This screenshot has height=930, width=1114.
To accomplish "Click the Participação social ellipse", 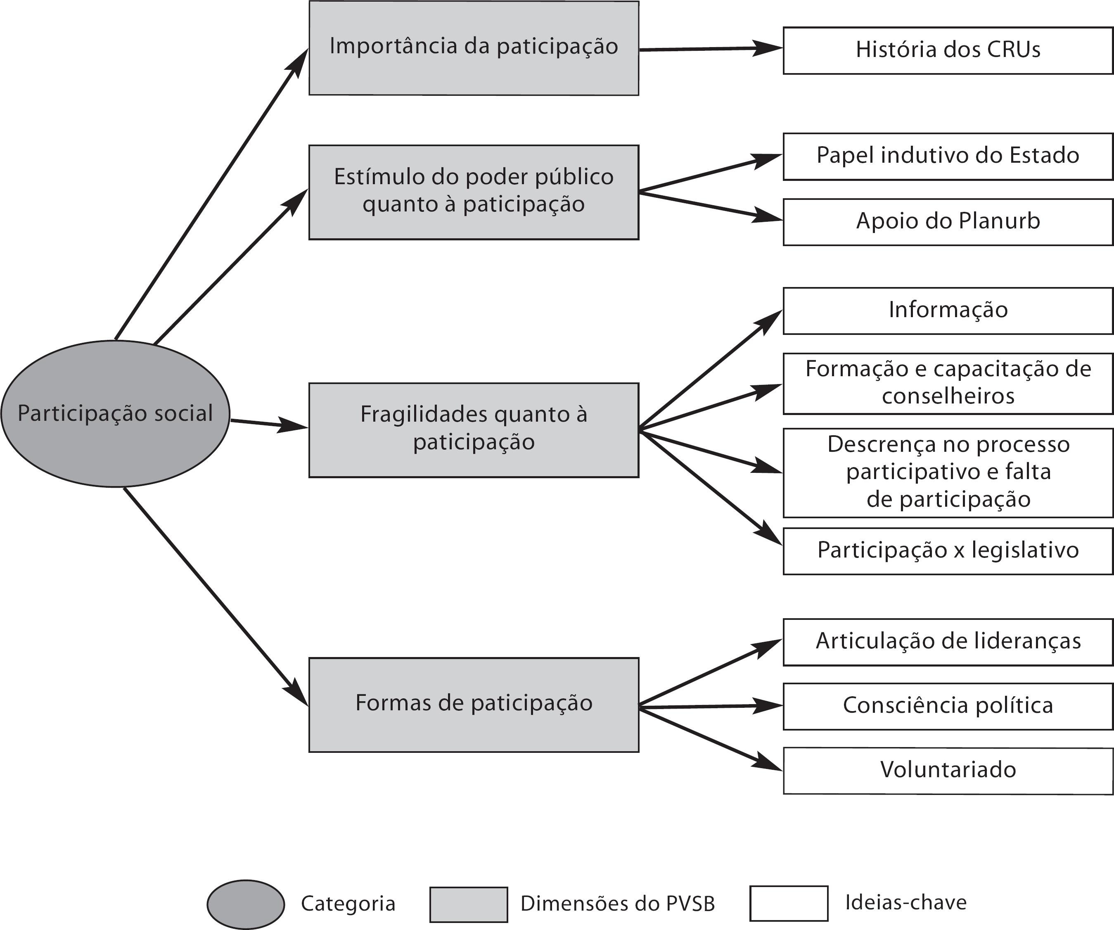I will tap(115, 413).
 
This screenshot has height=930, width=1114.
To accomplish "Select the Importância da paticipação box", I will tap(474, 48).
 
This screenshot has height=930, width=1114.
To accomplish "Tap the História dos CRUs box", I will tap(948, 50).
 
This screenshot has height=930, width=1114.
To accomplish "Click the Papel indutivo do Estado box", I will tap(948, 157).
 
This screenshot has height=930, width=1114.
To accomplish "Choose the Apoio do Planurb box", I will tap(948, 222).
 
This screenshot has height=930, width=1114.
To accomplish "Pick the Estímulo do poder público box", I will tap(474, 192).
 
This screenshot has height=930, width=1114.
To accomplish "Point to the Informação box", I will tap(948, 311).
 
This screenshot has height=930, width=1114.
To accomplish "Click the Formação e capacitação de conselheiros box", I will tap(948, 383).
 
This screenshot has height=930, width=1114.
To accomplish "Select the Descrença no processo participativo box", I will tap(948, 472).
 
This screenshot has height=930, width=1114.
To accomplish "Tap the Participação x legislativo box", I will tap(948, 550).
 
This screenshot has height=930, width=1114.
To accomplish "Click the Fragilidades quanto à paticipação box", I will tap(474, 430).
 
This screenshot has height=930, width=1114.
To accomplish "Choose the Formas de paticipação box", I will tap(474, 705).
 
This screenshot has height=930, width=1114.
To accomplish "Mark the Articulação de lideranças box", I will tap(948, 642).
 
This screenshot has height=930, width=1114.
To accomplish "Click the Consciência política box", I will tap(948, 706).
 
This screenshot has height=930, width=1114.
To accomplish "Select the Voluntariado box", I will tap(948, 770).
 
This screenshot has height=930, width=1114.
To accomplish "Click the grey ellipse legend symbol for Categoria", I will tap(246, 904).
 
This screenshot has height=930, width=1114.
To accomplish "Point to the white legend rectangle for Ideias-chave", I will tap(788, 903).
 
